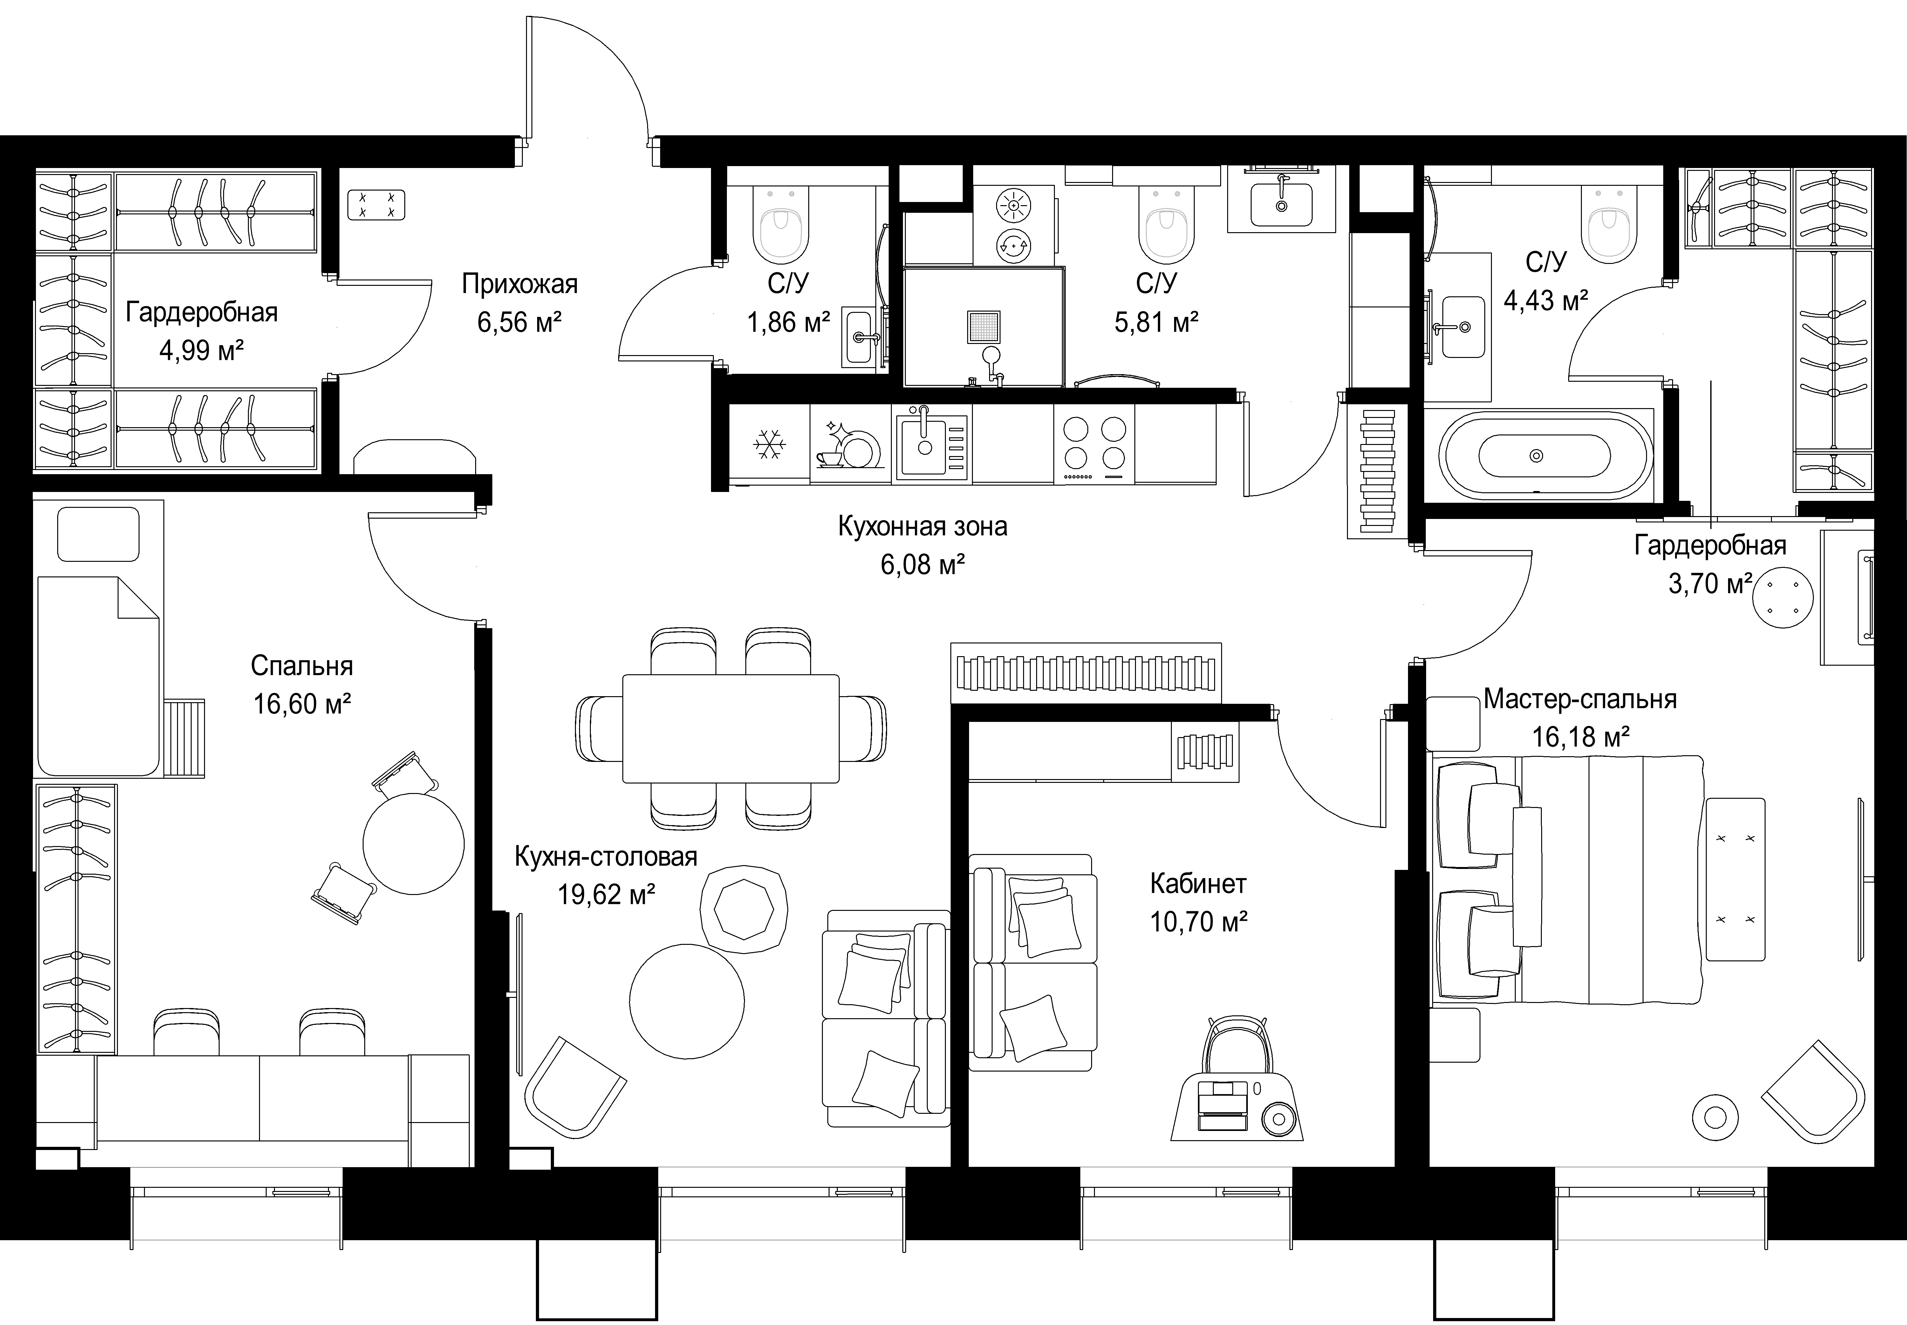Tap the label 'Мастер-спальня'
pyautogui.click(x=1580, y=699)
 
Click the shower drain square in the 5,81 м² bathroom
pyautogui.click(x=984, y=327)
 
